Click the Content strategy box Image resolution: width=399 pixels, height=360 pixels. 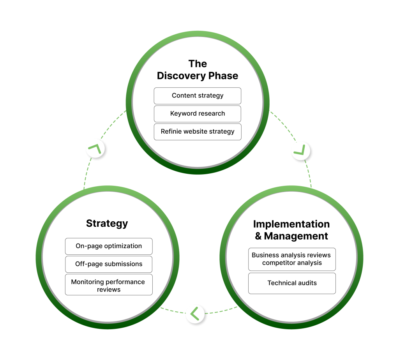click(198, 96)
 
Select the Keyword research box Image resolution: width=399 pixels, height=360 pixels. click(198, 114)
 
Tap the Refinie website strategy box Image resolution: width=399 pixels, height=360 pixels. click(198, 132)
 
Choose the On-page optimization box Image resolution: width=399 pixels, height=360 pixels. click(109, 246)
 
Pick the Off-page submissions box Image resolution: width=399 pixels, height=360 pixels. click(109, 264)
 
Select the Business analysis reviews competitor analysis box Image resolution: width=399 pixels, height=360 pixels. click(292, 259)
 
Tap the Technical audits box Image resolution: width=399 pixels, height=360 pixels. click(292, 283)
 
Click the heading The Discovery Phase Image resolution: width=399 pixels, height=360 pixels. click(198, 70)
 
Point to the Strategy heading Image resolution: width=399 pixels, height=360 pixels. click(107, 223)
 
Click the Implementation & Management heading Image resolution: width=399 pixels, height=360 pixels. click(291, 230)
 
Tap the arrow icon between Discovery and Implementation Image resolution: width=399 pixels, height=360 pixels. click(300, 150)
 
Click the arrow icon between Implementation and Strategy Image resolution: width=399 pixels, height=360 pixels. click(195, 313)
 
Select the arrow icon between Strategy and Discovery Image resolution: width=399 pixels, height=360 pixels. click(95, 148)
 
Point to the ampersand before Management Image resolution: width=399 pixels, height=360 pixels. click(258, 236)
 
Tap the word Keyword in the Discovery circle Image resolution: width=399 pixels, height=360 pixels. click(182, 114)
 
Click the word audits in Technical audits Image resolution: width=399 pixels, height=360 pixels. click(306, 283)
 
